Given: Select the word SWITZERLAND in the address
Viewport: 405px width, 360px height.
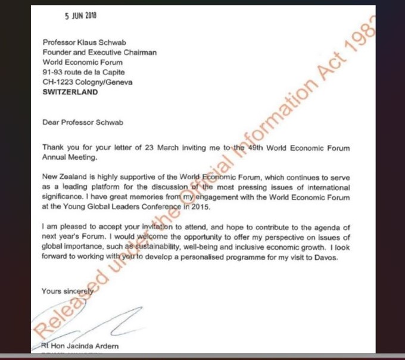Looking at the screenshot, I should coord(70,92).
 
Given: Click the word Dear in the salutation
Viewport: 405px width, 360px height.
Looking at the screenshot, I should coord(51,123).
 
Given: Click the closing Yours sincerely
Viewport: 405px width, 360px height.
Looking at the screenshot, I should coord(67,291).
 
